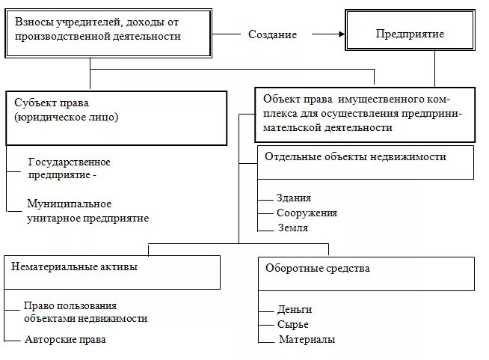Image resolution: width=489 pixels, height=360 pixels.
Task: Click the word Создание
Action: pyautogui.click(x=272, y=34)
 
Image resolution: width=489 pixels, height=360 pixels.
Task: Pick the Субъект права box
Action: pyautogui.click(x=116, y=118)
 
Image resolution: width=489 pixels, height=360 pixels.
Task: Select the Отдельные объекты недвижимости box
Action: pyautogui.click(x=365, y=162)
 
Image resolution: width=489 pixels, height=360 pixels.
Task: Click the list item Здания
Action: pyautogui.click(x=294, y=198)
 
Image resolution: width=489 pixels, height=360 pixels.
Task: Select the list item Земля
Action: pyautogui.click(x=292, y=228)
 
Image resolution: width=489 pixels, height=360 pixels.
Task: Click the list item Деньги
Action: pyautogui.click(x=294, y=309)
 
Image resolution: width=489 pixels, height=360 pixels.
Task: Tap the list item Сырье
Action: pyautogui.click(x=292, y=325)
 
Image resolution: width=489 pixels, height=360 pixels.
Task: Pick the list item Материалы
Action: pyautogui.click(x=307, y=340)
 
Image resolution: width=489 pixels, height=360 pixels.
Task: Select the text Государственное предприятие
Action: pyautogui.click(x=69, y=168)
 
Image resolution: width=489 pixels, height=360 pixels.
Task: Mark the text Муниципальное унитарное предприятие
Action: pyautogui.click(x=87, y=211)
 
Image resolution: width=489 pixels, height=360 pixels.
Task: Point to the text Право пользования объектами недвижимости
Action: pyautogui.click(x=85, y=312)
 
